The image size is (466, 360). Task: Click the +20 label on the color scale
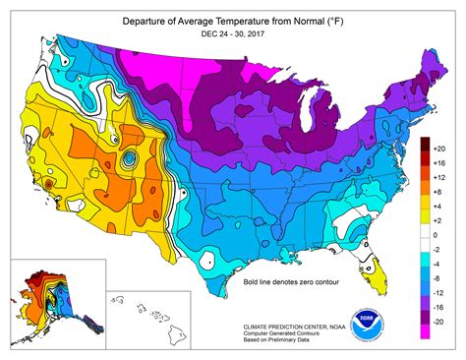point(440,146)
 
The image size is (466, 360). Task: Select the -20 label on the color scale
point(440,322)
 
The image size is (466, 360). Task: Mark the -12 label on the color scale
point(440,292)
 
